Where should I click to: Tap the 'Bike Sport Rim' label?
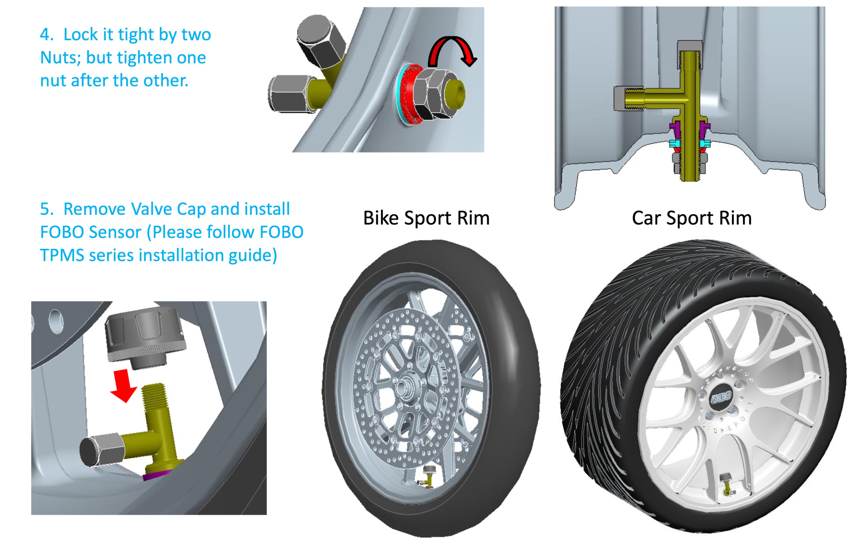point(426,218)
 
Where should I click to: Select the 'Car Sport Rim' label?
point(691,218)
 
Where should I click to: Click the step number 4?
point(45,34)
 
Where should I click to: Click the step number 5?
point(45,209)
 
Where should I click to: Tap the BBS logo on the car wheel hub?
point(721,397)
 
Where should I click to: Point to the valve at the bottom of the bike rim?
point(428,476)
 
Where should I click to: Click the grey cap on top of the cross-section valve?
point(689,46)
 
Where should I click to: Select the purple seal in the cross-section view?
point(675,129)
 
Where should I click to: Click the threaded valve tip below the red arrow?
point(154,394)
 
